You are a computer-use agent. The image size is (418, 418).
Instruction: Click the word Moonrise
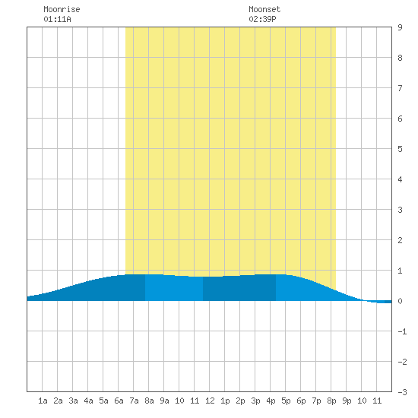click(62, 9)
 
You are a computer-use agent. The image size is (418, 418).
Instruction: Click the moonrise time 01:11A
click(57, 19)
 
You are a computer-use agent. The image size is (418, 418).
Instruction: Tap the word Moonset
click(264, 9)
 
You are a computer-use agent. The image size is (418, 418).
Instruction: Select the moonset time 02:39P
click(262, 19)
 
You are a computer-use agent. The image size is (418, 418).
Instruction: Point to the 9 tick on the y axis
click(400, 27)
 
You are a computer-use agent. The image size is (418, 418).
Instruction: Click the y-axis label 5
click(400, 149)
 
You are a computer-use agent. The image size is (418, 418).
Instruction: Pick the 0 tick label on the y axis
click(400, 301)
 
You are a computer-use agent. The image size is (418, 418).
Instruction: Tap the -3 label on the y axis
click(402, 392)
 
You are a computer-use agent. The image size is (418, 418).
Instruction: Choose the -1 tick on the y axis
click(402, 331)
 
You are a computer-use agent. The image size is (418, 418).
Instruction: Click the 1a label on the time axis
click(43, 401)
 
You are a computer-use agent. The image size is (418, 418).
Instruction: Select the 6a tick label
click(119, 401)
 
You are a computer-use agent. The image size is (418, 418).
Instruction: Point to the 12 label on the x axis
click(210, 401)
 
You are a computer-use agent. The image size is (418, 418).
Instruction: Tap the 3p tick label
click(255, 401)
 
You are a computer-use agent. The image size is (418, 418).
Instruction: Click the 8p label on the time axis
click(331, 401)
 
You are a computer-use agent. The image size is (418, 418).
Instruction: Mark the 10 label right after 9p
click(362, 401)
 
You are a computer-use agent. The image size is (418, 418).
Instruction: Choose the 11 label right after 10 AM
click(195, 401)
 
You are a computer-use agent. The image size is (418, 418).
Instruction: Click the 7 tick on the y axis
click(400, 88)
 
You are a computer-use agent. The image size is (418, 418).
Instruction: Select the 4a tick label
click(88, 401)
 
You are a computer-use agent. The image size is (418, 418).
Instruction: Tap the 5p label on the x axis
click(286, 401)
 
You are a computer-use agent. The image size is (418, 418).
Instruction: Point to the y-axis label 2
click(400, 240)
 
